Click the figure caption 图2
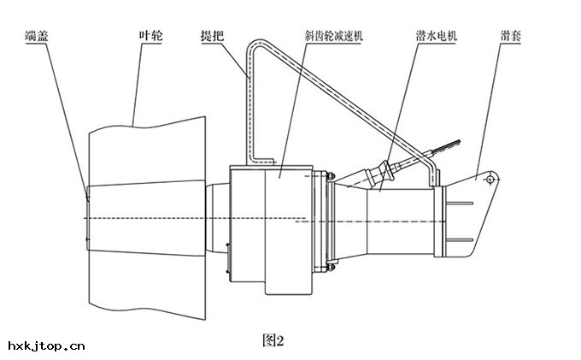point(272,340)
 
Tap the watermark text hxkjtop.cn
point(46,346)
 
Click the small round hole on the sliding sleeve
point(487,180)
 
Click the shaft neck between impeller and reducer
point(215,220)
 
